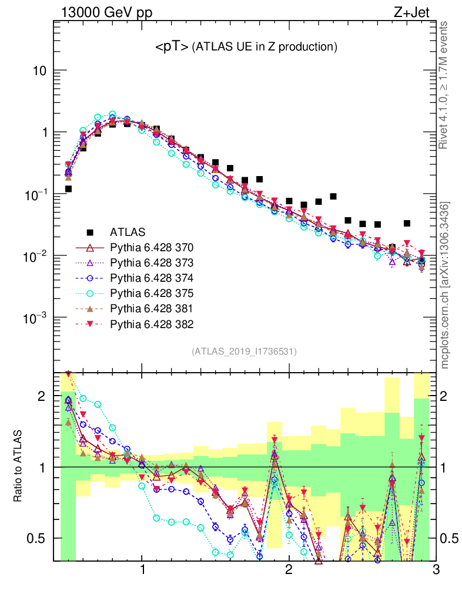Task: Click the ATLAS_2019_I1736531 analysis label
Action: pyautogui.click(x=244, y=352)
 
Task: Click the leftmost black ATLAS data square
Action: pyautogui.click(x=69, y=189)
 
